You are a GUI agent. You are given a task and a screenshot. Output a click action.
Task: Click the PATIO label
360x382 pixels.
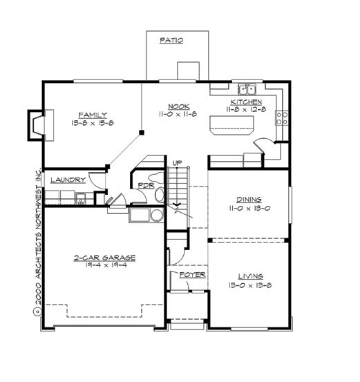tap(171, 40)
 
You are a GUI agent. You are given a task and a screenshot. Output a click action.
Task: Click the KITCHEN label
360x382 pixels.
tap(245, 102)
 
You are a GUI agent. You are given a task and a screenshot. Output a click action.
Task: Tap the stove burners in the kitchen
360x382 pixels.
tap(281, 117)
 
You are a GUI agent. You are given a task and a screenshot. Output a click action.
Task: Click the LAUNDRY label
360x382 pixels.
tap(68, 179)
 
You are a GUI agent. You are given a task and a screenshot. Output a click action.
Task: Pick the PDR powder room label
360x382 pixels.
tap(145, 185)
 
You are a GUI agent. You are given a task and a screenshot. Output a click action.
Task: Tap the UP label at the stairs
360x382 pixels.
tap(177, 162)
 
